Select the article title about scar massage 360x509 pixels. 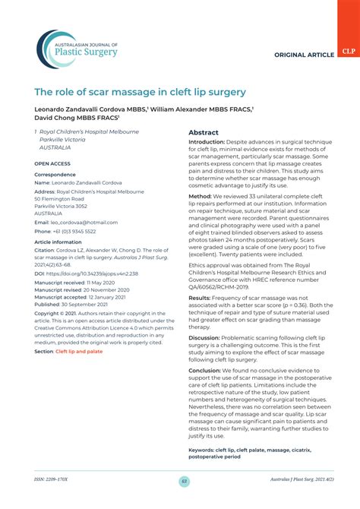point(141,92)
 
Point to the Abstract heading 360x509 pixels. point(204,132)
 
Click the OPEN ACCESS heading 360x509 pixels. point(52,163)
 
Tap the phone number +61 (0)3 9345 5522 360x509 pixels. point(74,231)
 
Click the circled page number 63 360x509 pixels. point(184,481)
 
